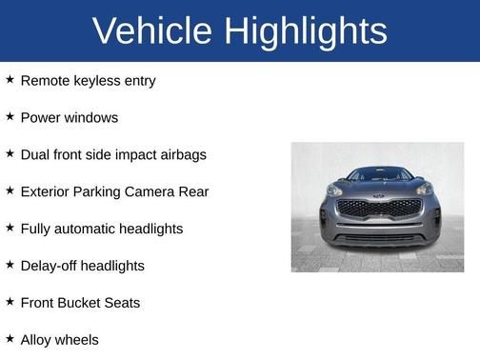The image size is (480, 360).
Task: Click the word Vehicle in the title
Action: click(x=152, y=31)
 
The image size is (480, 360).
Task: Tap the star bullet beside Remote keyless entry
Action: click(x=10, y=80)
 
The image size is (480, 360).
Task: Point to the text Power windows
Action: click(x=69, y=118)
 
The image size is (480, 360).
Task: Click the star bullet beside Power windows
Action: click(x=10, y=117)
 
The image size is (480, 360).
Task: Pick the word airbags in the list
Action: click(x=181, y=155)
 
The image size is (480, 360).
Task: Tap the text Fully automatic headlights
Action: click(x=101, y=230)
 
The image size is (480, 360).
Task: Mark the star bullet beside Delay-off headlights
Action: click(x=10, y=265)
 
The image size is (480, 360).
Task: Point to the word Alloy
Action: click(x=37, y=340)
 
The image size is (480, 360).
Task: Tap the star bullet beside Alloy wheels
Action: click(x=10, y=338)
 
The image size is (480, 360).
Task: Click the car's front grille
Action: click(x=378, y=208)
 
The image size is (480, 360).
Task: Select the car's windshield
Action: click(x=379, y=174)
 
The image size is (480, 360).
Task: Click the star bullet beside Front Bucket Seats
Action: click(x=10, y=302)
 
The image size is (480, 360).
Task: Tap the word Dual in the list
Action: click(x=37, y=155)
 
